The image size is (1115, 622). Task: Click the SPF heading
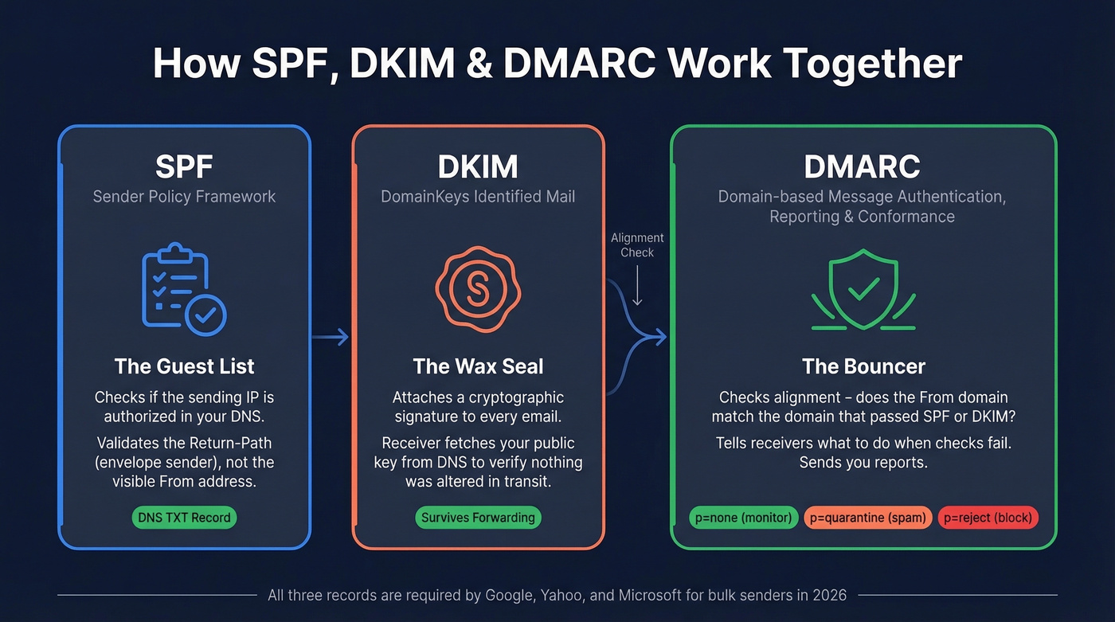pyautogui.click(x=184, y=167)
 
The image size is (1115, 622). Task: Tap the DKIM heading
pyautogui.click(x=478, y=167)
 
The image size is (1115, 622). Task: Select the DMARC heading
pyautogui.click(x=862, y=167)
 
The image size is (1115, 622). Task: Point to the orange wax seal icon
pyautogui.click(x=478, y=289)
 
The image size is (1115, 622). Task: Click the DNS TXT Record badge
pyautogui.click(x=184, y=518)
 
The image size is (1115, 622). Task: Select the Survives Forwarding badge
pyautogui.click(x=478, y=518)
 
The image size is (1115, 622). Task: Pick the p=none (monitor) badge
pyautogui.click(x=743, y=518)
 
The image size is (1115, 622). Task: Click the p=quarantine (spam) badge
pyautogui.click(x=867, y=518)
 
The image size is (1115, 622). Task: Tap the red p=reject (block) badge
pyautogui.click(x=988, y=518)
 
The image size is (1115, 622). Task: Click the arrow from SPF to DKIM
pyautogui.click(x=331, y=338)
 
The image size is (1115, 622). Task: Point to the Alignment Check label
pyautogui.click(x=637, y=244)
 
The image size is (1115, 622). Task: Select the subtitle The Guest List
pyautogui.click(x=184, y=366)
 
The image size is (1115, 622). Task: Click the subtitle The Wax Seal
pyautogui.click(x=478, y=366)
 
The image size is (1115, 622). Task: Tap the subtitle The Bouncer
pyautogui.click(x=863, y=366)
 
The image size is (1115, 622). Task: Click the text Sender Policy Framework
pyautogui.click(x=184, y=197)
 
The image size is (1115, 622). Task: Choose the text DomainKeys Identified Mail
pyautogui.click(x=478, y=197)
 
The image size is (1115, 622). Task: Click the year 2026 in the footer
pyautogui.click(x=827, y=595)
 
